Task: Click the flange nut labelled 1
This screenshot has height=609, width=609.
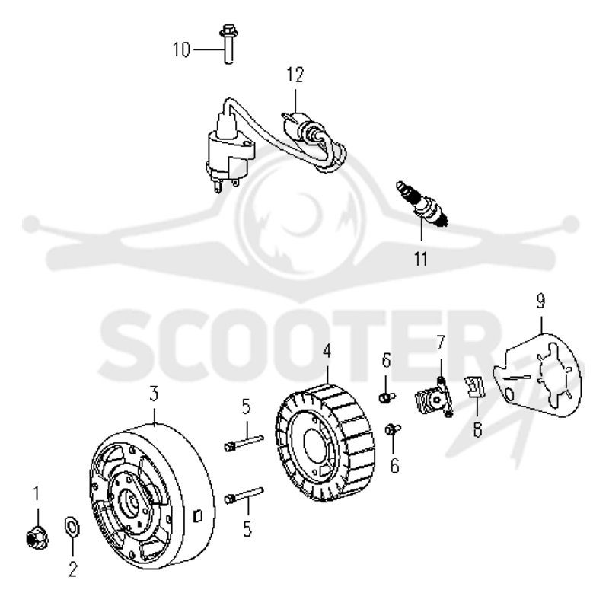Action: click(x=37, y=538)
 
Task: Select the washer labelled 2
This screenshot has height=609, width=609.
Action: click(x=72, y=528)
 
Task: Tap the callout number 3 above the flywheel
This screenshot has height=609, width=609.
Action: click(x=155, y=394)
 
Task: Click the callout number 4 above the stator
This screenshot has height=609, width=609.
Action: click(x=327, y=352)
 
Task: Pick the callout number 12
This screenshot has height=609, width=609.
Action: click(x=295, y=75)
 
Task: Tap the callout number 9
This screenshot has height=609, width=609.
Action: click(x=540, y=301)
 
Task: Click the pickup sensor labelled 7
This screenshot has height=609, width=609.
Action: click(x=433, y=397)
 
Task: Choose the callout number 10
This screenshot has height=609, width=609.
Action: click(x=181, y=49)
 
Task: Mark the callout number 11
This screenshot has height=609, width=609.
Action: click(x=421, y=260)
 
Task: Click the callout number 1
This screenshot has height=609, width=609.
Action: click(x=37, y=493)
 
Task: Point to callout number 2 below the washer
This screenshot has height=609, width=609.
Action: click(x=72, y=569)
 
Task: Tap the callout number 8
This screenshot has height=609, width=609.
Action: click(x=478, y=429)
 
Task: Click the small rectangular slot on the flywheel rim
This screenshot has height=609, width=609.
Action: click(x=197, y=516)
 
